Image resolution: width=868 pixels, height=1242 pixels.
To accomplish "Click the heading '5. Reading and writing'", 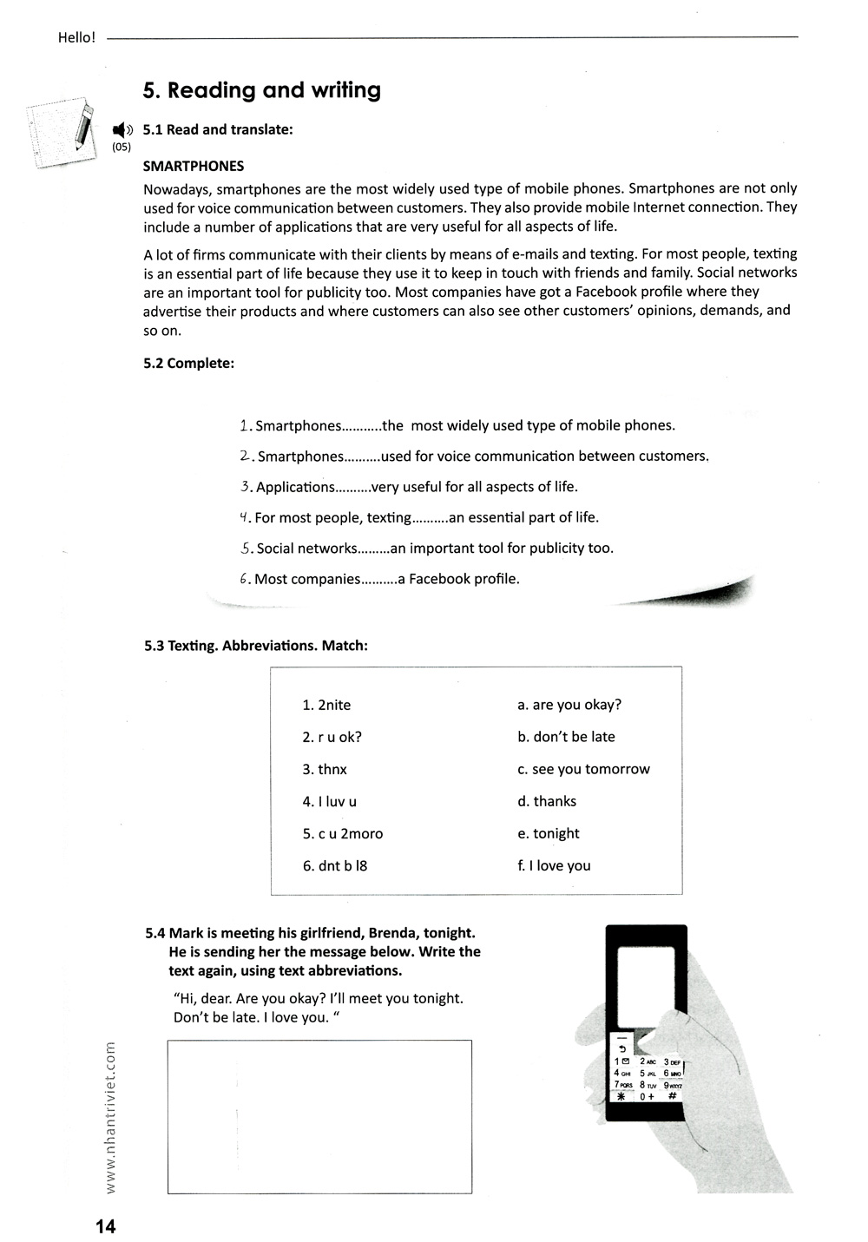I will pyautogui.click(x=261, y=91).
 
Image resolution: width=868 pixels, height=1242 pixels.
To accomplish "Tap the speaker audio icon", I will pyautogui.click(x=122, y=130).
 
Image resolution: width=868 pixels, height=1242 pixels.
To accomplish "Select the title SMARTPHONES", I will pyautogui.click(x=194, y=166).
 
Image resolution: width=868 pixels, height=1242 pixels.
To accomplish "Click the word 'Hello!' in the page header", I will pyautogui.click(x=76, y=37).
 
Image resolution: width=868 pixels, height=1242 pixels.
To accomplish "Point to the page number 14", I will pyautogui.click(x=105, y=1226).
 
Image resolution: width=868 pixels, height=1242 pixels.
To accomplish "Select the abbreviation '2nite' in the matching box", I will pyautogui.click(x=334, y=705).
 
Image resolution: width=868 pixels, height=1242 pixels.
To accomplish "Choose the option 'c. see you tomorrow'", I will pyautogui.click(x=583, y=769).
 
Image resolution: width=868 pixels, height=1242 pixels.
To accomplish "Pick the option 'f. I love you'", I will pyautogui.click(x=554, y=865).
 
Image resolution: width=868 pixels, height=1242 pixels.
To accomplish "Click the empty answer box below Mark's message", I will pyautogui.click(x=319, y=1116).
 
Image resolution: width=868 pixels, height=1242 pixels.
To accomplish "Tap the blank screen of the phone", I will pyautogui.click(x=645, y=985).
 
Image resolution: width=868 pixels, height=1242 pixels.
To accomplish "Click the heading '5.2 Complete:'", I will pyautogui.click(x=188, y=363).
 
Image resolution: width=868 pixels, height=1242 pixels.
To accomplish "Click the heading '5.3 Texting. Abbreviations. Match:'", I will pyautogui.click(x=256, y=646).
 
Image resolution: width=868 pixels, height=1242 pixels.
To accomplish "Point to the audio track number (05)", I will pyautogui.click(x=122, y=148).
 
